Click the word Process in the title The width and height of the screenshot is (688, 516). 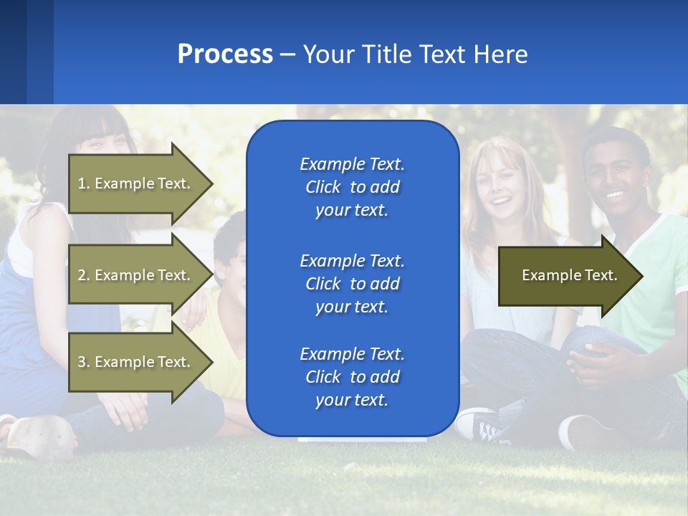click(x=225, y=54)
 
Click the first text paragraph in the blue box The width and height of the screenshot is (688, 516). click(x=352, y=187)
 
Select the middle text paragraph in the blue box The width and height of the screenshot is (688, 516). click(x=352, y=283)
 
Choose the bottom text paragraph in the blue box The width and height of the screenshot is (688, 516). click(x=352, y=377)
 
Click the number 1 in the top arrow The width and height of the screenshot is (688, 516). click(x=82, y=183)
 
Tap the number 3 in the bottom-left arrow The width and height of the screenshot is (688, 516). click(x=82, y=362)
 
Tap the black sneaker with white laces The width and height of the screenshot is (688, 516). click(x=487, y=426)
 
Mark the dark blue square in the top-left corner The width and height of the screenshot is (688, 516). click(x=13, y=52)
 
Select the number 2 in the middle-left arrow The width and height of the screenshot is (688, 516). click(x=82, y=275)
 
